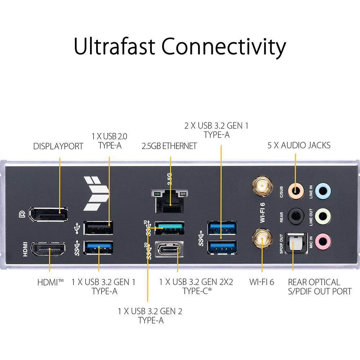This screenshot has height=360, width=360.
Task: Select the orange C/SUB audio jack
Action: tap(295, 189)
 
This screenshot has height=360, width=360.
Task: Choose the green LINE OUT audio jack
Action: tap(323, 217)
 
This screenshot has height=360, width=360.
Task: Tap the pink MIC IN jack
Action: tap(323, 240)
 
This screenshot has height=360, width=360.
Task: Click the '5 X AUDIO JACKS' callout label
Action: tap(299, 145)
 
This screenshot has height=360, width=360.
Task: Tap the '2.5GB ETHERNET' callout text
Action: tap(169, 146)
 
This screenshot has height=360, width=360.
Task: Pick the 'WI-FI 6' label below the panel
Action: tap(262, 282)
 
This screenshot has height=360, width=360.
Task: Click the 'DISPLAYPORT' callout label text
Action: tap(58, 146)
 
